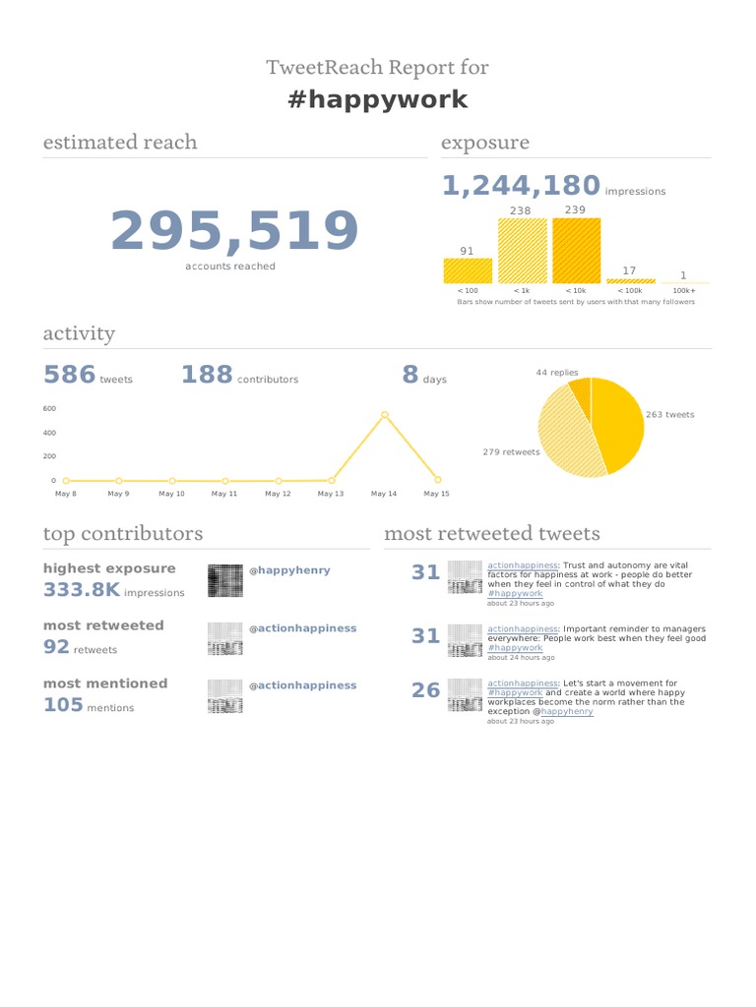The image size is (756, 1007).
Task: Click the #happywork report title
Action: point(378,99)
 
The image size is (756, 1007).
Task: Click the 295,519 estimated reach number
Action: point(234,232)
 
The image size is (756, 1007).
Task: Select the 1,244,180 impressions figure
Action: point(521,186)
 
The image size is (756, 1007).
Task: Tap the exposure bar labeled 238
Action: point(521,251)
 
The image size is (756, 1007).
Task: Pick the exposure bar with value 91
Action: point(468,271)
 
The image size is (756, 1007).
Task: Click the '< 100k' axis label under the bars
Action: point(630,291)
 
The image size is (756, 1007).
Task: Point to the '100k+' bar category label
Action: point(683,291)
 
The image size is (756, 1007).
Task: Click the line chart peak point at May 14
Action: point(385,415)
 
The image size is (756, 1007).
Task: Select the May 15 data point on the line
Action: point(438,480)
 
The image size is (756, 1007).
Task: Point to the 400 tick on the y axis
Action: point(49,433)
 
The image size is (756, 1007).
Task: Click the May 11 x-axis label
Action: point(224,494)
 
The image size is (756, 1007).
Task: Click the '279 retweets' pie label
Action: point(511,452)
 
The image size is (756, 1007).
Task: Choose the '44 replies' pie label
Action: point(557,373)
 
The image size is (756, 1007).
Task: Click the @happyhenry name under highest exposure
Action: point(293,570)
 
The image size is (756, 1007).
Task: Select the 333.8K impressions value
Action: point(82,590)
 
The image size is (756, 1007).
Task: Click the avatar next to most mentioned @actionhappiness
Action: point(225,696)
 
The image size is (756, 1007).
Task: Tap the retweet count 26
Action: point(425,690)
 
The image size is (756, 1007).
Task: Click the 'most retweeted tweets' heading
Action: point(491,534)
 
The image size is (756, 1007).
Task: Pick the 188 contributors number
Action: point(207,375)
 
